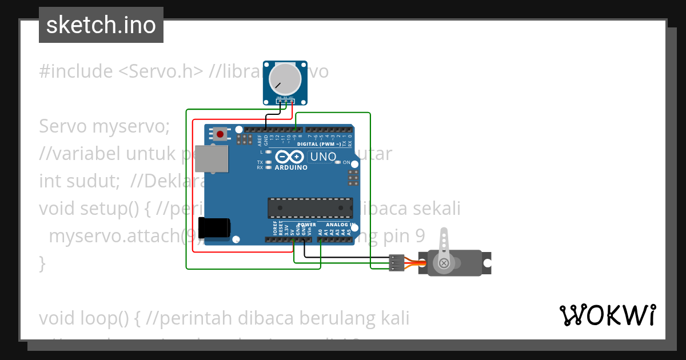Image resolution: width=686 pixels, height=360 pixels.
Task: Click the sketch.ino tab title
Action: pos(101,25)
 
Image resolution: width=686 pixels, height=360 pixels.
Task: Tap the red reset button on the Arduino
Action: pos(220,134)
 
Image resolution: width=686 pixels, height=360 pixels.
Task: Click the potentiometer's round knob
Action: pos(284,79)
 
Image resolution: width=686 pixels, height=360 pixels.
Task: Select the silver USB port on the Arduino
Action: pos(212,158)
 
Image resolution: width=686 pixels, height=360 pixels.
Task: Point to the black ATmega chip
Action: pos(310,208)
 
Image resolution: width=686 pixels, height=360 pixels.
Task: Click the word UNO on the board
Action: pos(323,156)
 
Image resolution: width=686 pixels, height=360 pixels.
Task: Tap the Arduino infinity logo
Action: pos(290,157)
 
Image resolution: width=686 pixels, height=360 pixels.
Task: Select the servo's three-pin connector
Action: pos(396,262)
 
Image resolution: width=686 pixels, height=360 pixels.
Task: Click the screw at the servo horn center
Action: pos(444,263)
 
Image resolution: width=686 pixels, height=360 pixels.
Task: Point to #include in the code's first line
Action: pos(75,71)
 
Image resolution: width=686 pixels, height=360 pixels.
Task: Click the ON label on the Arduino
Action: pos(346,163)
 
